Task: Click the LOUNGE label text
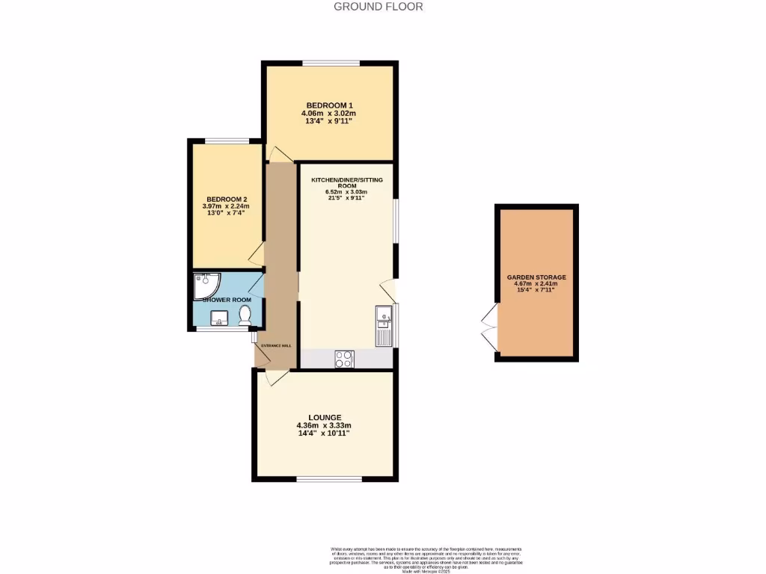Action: pos(325,417)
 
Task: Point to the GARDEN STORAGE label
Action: pos(536,277)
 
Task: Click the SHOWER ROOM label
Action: pos(227,300)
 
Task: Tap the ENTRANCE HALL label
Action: pos(276,346)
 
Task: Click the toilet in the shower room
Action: pos(245,318)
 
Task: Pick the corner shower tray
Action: pos(205,284)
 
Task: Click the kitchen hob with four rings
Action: pos(345,359)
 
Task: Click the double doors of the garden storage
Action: pos(488,327)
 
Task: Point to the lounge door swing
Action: pos(273,378)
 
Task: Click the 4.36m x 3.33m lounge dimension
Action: pos(325,426)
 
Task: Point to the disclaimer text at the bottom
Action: pos(426,559)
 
